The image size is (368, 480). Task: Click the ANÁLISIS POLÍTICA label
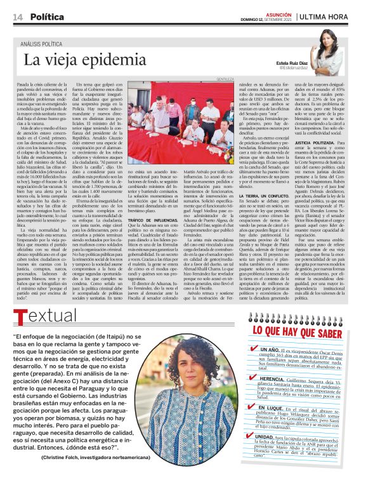click(x=46, y=43)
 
